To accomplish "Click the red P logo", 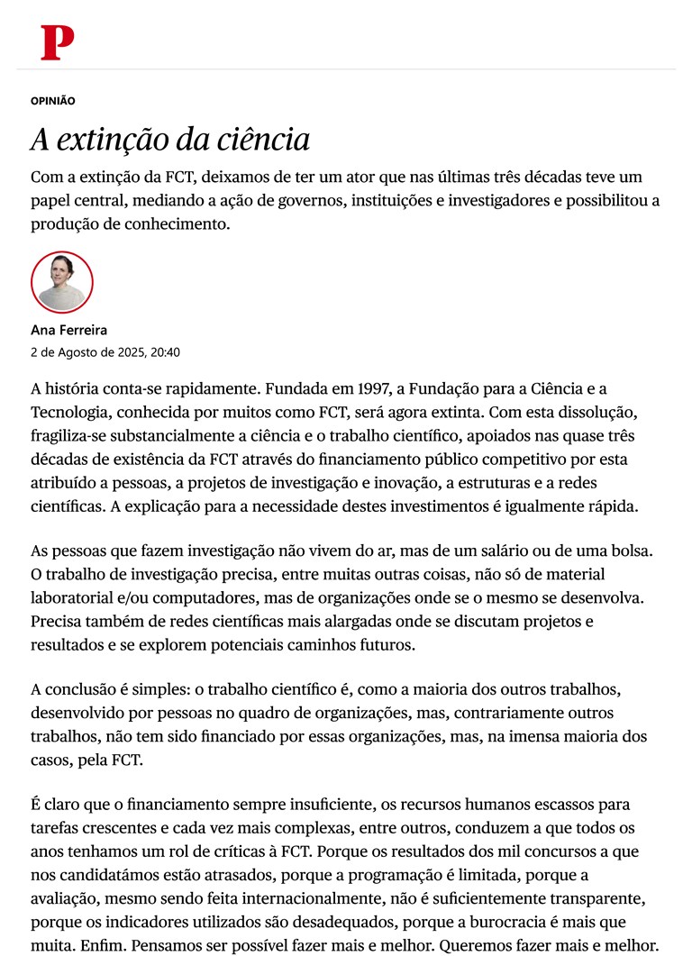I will coord(57,42).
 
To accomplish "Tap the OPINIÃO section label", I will coord(53,102).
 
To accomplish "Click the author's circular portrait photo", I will coord(62,282).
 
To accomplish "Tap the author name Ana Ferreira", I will coord(69,331).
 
